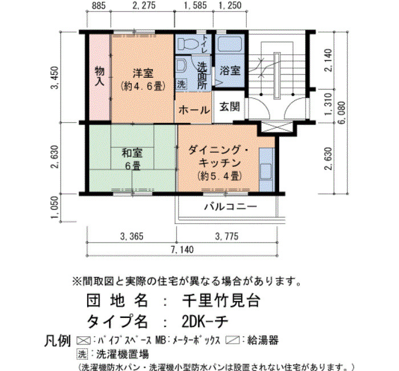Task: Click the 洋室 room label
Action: (x=142, y=74)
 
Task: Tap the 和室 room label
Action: (x=132, y=154)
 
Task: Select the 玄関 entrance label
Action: (x=230, y=107)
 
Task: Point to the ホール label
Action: (x=194, y=110)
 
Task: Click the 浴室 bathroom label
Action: (x=230, y=71)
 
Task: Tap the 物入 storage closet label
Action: (x=100, y=76)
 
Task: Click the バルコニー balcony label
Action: (x=230, y=207)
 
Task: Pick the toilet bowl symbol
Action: (x=188, y=43)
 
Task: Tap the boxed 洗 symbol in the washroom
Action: (x=181, y=84)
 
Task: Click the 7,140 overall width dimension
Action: (x=182, y=249)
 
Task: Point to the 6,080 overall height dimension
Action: (x=343, y=112)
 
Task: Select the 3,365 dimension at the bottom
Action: (x=132, y=236)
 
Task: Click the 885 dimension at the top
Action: (x=99, y=6)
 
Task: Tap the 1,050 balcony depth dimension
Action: (x=55, y=207)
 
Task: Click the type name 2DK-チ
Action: (x=205, y=321)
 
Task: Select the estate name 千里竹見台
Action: (x=221, y=300)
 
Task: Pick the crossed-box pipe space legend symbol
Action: (x=84, y=340)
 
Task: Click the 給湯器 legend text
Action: (x=263, y=340)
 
